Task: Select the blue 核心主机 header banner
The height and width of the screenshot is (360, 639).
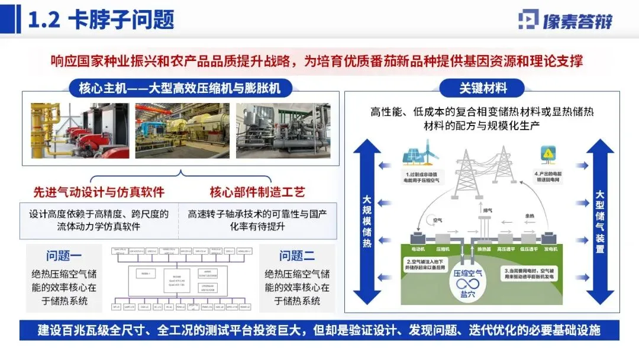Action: (180, 89)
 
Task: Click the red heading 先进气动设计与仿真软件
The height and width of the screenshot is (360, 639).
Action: (98, 192)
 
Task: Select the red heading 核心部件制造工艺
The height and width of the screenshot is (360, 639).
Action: (257, 192)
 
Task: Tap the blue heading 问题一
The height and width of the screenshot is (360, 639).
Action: (64, 256)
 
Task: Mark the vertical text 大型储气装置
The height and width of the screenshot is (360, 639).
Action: (599, 222)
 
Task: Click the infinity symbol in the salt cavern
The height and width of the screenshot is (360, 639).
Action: (467, 283)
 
